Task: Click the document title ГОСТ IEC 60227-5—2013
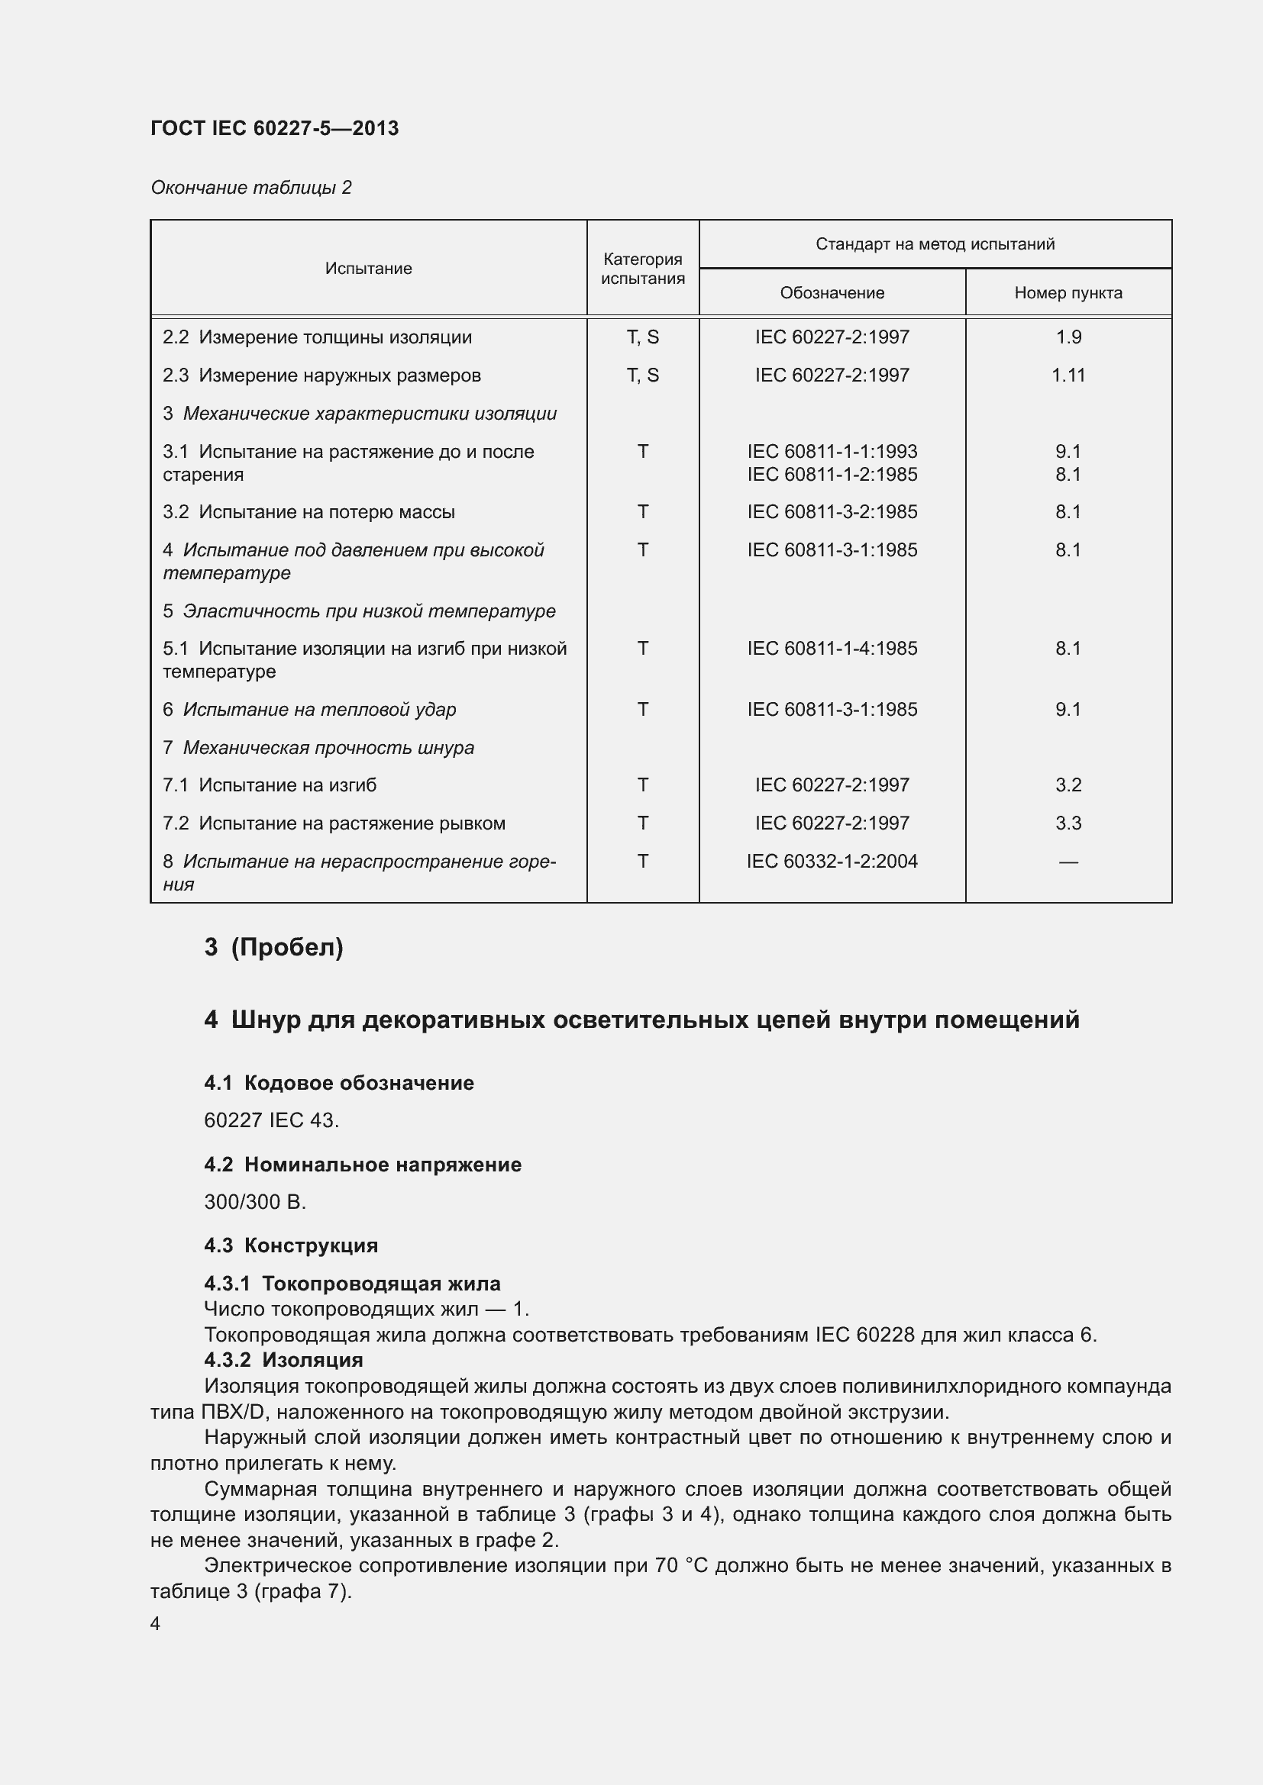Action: tap(275, 128)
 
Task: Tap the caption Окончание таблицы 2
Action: tap(251, 188)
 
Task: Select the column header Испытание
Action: tap(369, 268)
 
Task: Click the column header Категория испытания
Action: tap(642, 268)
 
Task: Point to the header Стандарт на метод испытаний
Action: tap(935, 244)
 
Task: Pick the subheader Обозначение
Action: tap(832, 293)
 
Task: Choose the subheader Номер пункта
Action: tap(1068, 293)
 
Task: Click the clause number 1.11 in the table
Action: tap(1068, 375)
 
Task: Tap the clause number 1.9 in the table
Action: tap(1068, 337)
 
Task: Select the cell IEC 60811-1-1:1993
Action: tap(832, 452)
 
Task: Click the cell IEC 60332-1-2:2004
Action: tap(832, 862)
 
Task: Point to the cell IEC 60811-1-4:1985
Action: tap(832, 649)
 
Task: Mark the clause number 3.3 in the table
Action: tap(1068, 823)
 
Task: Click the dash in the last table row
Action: tap(1068, 862)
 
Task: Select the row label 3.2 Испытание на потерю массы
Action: tap(308, 512)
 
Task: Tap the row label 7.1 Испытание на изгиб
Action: tap(270, 785)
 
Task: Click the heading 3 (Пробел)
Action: tap(274, 947)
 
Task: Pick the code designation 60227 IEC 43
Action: tap(271, 1120)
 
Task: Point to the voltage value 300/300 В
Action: tap(255, 1202)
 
